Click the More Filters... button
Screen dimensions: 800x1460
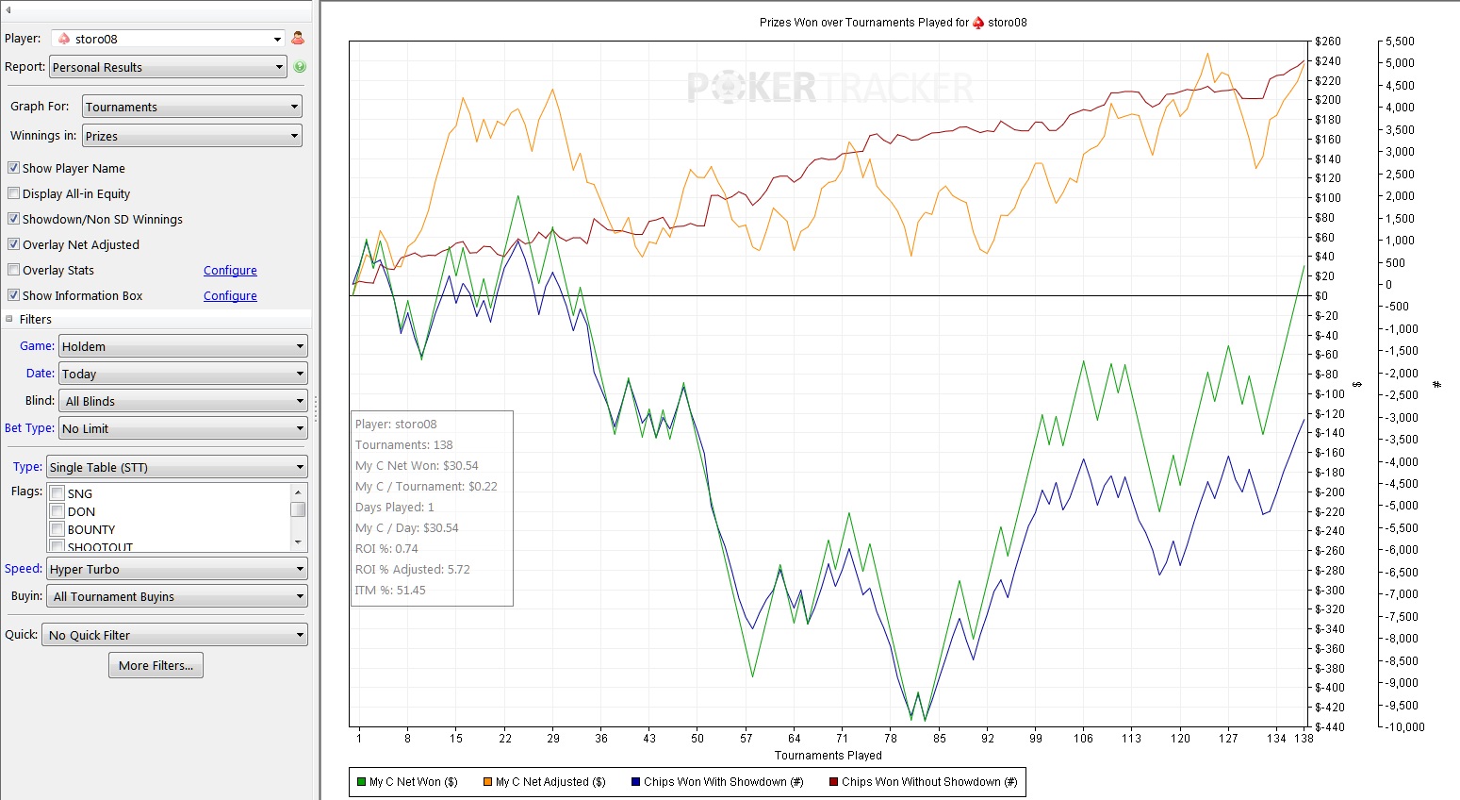[156, 665]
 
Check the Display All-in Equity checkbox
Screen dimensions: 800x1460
[14, 193]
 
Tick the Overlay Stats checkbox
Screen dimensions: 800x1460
[14, 270]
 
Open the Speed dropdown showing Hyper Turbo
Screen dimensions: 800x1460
[177, 569]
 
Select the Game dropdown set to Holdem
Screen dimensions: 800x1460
[183, 346]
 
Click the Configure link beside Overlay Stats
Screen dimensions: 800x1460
[230, 271]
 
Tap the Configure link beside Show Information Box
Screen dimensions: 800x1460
[230, 296]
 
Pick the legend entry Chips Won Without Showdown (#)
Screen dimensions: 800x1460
[924, 782]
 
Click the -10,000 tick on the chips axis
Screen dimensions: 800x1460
[1404, 727]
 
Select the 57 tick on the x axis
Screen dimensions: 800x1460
[746, 739]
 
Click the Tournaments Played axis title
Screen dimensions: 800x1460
[828, 756]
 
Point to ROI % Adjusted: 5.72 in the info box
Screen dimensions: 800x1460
[412, 570]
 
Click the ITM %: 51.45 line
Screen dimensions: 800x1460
[390, 591]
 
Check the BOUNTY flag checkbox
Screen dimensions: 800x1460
[57, 529]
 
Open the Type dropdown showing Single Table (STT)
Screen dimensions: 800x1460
[177, 467]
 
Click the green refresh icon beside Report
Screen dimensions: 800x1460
[300, 67]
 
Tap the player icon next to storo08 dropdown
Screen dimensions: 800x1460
[298, 39]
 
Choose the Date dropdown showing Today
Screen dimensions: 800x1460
[183, 374]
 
